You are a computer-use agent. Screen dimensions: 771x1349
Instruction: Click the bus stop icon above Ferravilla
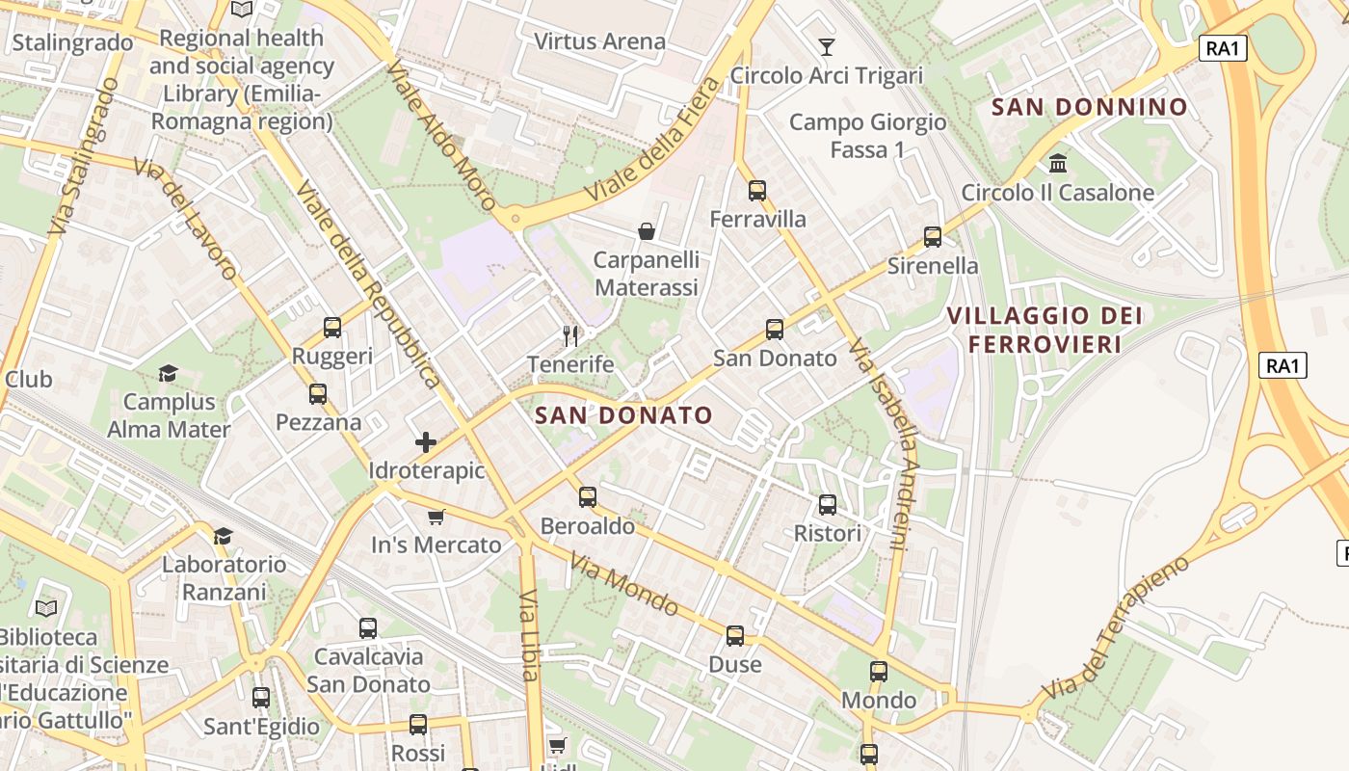pos(757,191)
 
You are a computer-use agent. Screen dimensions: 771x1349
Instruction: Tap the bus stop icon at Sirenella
pos(932,237)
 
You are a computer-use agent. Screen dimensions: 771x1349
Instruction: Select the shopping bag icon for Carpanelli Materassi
pos(647,231)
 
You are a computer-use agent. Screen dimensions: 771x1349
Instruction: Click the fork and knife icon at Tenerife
pos(570,335)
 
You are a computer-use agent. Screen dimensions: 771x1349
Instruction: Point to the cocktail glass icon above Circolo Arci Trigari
pos(826,46)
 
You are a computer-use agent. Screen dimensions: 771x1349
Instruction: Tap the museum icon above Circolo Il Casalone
pos(1058,163)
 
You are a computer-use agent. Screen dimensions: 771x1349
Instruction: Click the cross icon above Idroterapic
pos(425,442)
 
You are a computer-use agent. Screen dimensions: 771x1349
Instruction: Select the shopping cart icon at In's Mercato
pos(436,517)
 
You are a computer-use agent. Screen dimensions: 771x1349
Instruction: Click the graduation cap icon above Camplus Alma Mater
pos(169,373)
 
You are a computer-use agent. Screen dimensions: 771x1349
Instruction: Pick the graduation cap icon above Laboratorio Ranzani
pos(223,536)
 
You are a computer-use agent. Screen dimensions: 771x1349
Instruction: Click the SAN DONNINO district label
pos(1089,107)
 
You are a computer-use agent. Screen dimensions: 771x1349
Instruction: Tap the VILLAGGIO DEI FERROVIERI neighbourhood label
pos(1045,330)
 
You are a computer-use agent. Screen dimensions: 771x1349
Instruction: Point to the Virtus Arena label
pos(599,41)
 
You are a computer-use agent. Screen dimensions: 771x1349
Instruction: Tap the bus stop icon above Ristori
pos(827,505)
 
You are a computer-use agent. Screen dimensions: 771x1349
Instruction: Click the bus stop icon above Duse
pos(735,636)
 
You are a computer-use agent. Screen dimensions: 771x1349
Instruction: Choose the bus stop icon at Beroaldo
pos(587,497)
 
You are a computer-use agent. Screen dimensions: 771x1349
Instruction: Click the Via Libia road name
pos(529,636)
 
